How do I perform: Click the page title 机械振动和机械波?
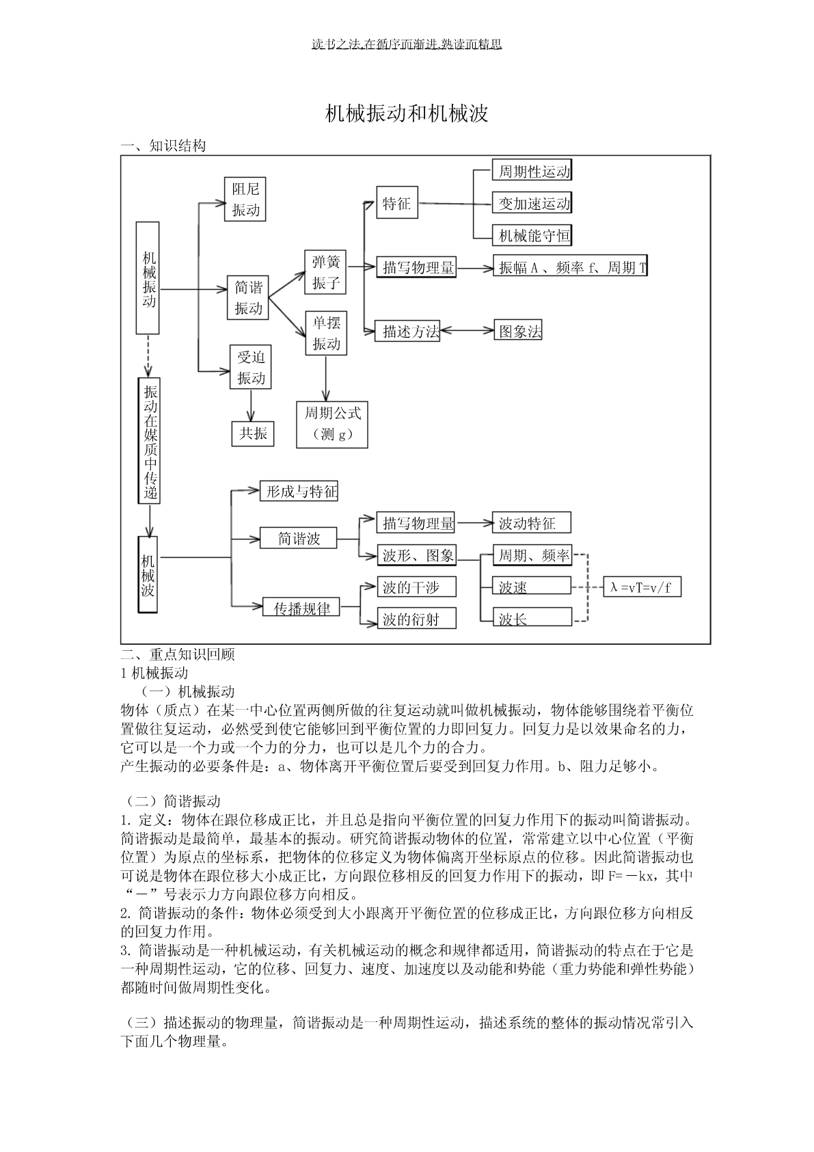point(407,113)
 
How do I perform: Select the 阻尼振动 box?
point(245,199)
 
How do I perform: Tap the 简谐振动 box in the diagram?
point(248,297)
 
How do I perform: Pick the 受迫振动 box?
point(250,367)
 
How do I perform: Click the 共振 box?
point(253,433)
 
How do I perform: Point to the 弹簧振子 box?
point(325,272)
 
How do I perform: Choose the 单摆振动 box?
point(326,333)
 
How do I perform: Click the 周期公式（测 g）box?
point(331,424)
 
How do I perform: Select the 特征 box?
point(397,203)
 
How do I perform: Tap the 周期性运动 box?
point(532,171)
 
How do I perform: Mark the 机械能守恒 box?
point(532,236)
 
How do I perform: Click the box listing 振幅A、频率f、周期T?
point(571,267)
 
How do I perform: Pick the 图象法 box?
point(518,332)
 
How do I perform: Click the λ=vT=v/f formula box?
point(642,587)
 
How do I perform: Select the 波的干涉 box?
point(417,587)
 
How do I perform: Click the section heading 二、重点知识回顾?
point(178,654)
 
